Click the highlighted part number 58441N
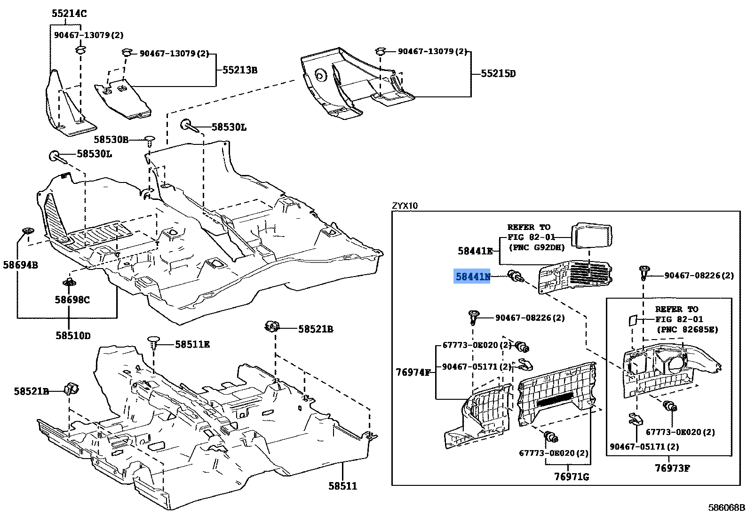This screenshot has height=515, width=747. pyautogui.click(x=472, y=277)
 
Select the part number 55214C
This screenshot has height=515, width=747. pyautogui.click(x=69, y=14)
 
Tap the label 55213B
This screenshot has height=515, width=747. pyautogui.click(x=240, y=70)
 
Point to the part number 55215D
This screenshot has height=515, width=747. pyautogui.click(x=498, y=73)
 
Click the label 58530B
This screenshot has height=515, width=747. pyautogui.click(x=111, y=140)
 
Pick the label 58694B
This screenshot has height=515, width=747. pyautogui.click(x=20, y=265)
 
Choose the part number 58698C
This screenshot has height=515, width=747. pyautogui.click(x=72, y=300)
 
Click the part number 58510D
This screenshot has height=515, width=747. pyautogui.click(x=73, y=335)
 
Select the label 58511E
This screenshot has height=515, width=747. pyautogui.click(x=192, y=344)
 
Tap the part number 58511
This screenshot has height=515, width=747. pyautogui.click(x=342, y=486)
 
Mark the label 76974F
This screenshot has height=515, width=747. pyautogui.click(x=413, y=372)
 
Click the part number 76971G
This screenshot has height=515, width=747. pyautogui.click(x=572, y=476)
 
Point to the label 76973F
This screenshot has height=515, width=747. pyautogui.click(x=672, y=468)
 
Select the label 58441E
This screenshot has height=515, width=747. pyautogui.click(x=475, y=251)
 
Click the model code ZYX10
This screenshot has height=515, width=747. pyautogui.click(x=405, y=206)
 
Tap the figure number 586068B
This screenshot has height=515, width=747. pyautogui.click(x=727, y=507)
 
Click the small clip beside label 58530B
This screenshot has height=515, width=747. pyautogui.click(x=150, y=140)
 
